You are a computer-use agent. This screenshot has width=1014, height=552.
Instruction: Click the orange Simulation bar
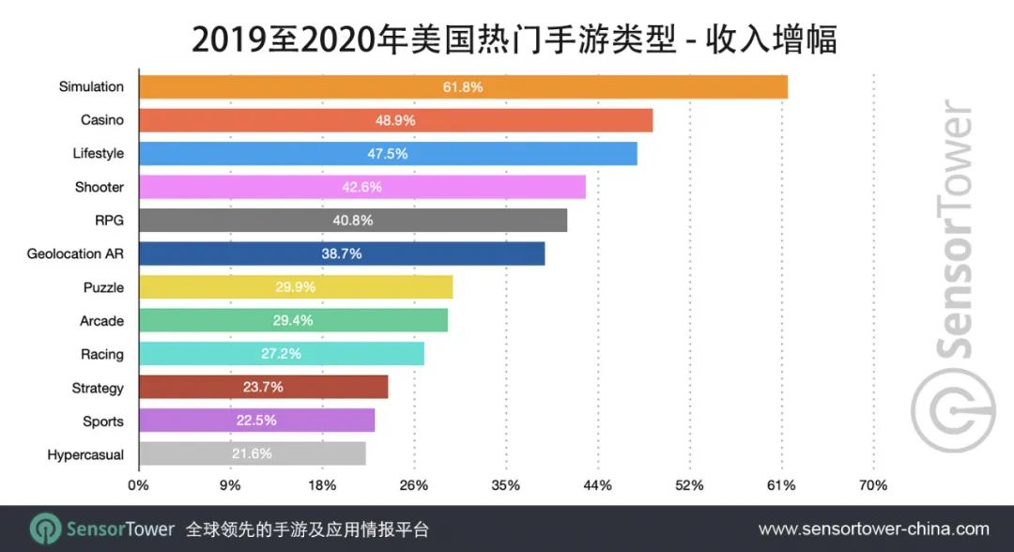pyautogui.click(x=463, y=86)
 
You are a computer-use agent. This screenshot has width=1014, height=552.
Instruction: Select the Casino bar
pyautogui.click(x=395, y=120)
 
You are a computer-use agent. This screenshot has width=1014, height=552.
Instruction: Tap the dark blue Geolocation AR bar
pyautogui.click(x=341, y=253)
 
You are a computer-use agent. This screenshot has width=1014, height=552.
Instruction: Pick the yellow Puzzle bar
pyautogui.click(x=295, y=287)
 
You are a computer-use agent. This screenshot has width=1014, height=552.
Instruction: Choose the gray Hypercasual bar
pyautogui.click(x=252, y=454)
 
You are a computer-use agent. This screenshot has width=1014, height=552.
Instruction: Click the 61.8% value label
pyautogui.click(x=463, y=87)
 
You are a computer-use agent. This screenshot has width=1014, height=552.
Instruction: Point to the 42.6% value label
pyautogui.click(x=361, y=187)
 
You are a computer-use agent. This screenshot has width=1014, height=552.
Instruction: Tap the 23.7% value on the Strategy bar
pyautogui.click(x=263, y=387)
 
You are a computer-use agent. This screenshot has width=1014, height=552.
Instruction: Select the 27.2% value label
pyautogui.click(x=281, y=354)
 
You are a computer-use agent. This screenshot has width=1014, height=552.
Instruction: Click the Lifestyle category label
pyautogui.click(x=98, y=153)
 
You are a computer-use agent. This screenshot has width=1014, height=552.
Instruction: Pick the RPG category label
pyautogui.click(x=109, y=220)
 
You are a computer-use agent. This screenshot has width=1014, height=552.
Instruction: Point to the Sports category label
pyautogui.click(x=102, y=422)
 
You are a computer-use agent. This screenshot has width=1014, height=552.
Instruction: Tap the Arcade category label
pyautogui.click(x=101, y=321)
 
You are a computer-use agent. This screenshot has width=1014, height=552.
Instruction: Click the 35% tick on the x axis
pyautogui.click(x=505, y=485)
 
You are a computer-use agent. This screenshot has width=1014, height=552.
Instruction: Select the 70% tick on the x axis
pyautogui.click(x=872, y=485)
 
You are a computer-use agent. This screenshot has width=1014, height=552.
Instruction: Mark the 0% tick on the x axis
pyautogui.click(x=138, y=485)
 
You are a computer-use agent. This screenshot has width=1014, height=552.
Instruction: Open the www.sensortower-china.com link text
pyautogui.click(x=873, y=529)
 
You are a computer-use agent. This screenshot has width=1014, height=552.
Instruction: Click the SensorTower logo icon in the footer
pyautogui.click(x=46, y=529)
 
